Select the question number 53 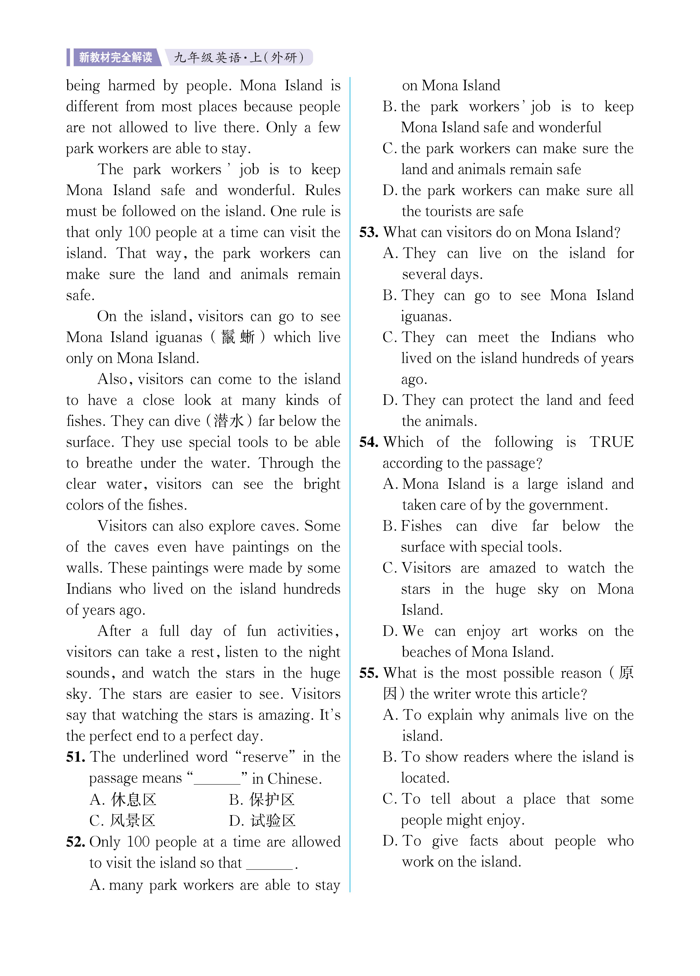point(368,232)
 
